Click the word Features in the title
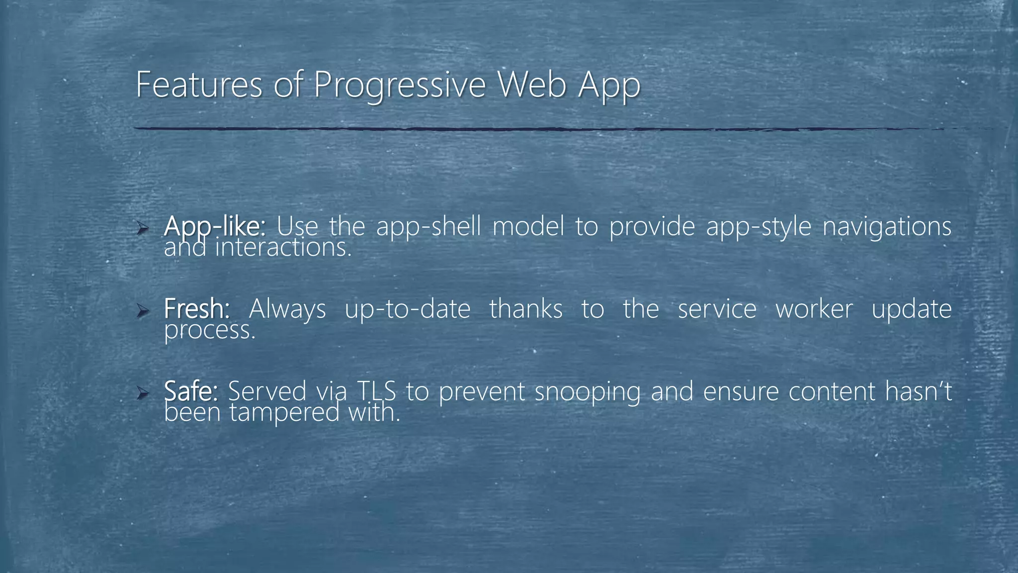[199, 85]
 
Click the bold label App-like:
[214, 227]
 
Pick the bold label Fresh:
[197, 308]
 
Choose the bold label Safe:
[191, 391]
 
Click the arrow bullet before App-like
[142, 229]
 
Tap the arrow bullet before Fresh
[142, 311]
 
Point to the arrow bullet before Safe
[142, 394]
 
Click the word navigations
[887, 227]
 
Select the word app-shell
[428, 227]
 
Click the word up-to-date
[407, 309]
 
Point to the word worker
[814, 309]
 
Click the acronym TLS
[376, 391]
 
